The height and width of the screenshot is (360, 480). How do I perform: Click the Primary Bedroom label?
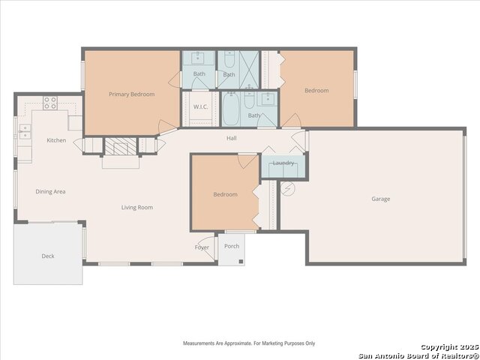click(x=132, y=94)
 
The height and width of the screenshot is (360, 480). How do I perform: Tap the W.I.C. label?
click(x=200, y=106)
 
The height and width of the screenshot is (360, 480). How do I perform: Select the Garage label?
click(x=381, y=199)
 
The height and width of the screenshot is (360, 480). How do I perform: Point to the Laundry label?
click(x=283, y=163)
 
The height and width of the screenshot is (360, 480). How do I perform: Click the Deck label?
click(x=48, y=256)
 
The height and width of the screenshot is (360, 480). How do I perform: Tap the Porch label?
click(x=232, y=246)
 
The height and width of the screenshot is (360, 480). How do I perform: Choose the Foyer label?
click(x=202, y=247)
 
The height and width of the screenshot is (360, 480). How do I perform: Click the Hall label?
click(x=232, y=138)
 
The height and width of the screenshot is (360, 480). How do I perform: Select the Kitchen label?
click(x=56, y=140)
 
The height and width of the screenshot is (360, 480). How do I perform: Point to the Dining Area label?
click(x=50, y=192)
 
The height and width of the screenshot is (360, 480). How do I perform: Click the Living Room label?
click(x=137, y=208)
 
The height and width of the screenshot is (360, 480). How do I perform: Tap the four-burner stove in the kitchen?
click(x=50, y=103)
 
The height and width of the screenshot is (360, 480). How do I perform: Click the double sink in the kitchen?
click(x=25, y=132)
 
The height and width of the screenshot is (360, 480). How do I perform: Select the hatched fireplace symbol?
click(x=121, y=146)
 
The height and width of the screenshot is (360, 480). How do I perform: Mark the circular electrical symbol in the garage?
click(x=288, y=188)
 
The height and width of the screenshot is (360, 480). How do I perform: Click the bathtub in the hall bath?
click(x=230, y=109)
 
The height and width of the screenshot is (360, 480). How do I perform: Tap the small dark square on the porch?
click(x=241, y=262)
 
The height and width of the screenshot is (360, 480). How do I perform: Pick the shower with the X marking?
click(x=249, y=70)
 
